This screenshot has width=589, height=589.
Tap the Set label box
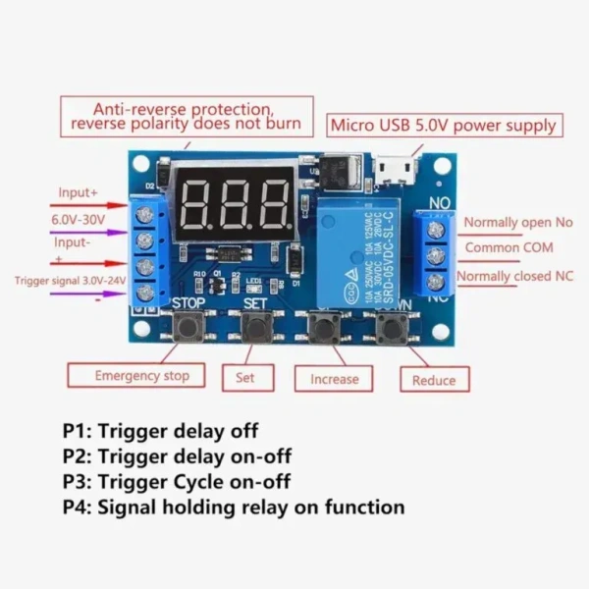tap(242, 376)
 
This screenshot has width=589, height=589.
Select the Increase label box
tap(334, 378)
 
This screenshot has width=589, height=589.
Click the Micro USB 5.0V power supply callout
tap(444, 126)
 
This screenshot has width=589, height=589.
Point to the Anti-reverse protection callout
tap(187, 116)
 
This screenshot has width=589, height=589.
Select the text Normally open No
tap(517, 224)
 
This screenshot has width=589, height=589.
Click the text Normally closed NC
tap(515, 277)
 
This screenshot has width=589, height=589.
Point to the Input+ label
tap(79, 193)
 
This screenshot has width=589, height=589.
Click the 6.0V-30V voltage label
tap(78, 218)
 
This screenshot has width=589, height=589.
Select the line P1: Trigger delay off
tap(161, 431)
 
